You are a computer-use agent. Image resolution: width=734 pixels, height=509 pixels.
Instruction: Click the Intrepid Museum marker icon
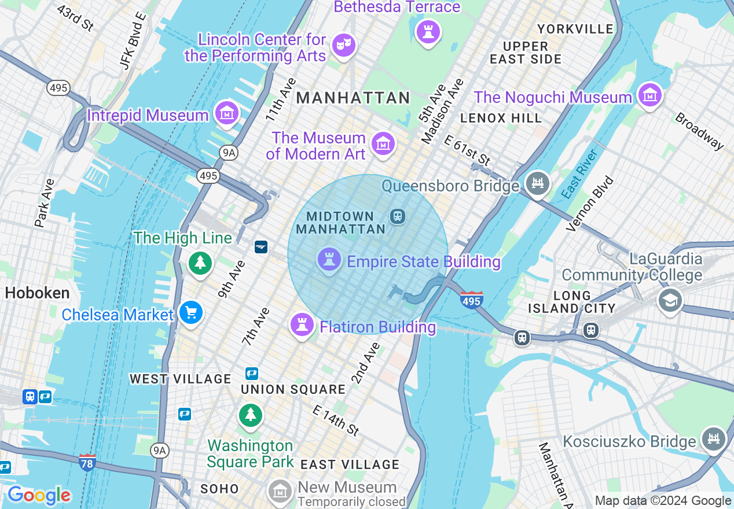(226, 113)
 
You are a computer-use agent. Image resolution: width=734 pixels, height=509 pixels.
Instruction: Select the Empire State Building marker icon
(329, 260)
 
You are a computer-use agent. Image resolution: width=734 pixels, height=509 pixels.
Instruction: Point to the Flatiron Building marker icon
(301, 324)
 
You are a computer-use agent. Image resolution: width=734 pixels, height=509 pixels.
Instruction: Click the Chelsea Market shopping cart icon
(190, 313)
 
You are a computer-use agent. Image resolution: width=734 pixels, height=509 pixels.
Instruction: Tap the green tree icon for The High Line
(200, 263)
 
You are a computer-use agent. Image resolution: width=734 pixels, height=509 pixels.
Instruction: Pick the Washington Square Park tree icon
(250, 415)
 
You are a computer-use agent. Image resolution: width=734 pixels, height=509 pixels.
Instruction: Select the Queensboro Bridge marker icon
(538, 183)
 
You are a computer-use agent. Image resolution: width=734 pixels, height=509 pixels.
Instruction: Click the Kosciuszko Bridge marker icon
(713, 439)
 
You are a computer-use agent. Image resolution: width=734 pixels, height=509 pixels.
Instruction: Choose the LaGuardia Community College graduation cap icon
(670, 300)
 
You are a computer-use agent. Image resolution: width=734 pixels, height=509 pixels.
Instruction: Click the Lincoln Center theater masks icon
(344, 45)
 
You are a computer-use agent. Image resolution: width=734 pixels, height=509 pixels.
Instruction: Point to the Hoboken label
(37, 293)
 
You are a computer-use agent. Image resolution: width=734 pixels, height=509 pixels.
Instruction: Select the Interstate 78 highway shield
(87, 462)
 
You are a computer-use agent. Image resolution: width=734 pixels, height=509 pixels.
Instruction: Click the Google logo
(39, 495)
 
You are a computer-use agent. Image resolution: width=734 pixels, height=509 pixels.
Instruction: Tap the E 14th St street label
(335, 421)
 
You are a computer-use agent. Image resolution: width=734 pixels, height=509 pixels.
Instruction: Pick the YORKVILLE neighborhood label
(575, 29)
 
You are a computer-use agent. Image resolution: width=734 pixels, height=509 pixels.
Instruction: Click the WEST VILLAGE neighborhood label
(180, 379)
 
